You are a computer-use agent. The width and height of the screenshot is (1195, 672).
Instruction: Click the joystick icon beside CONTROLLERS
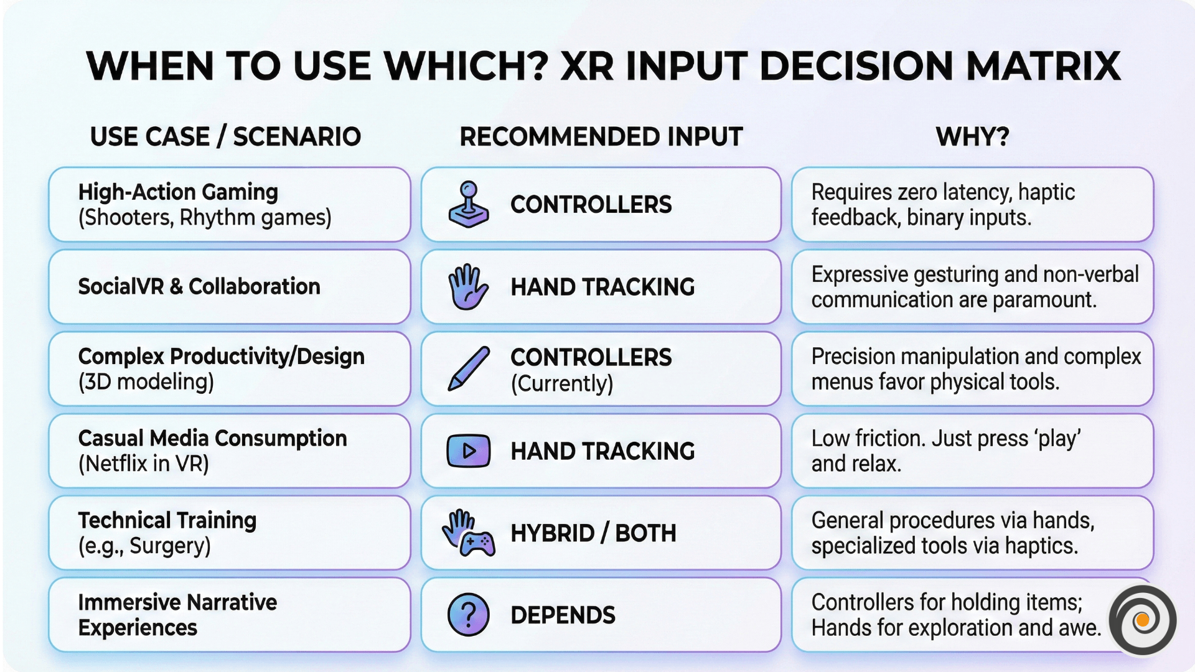click(469, 205)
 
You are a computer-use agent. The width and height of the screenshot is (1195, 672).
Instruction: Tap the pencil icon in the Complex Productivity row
click(469, 368)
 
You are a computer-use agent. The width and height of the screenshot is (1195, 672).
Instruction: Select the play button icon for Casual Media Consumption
click(469, 450)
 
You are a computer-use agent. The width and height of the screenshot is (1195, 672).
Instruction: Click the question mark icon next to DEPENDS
click(469, 615)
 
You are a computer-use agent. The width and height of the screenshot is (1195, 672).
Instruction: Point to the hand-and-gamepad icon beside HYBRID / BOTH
click(469, 533)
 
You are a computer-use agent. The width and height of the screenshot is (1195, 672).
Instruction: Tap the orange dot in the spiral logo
click(1142, 620)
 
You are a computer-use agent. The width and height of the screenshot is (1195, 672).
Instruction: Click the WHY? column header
click(973, 137)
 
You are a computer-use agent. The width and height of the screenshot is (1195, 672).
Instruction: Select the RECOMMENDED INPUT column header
click(601, 137)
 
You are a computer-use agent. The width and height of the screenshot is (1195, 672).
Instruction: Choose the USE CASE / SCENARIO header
click(225, 137)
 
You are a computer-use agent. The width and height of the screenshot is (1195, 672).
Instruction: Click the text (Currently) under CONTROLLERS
click(562, 383)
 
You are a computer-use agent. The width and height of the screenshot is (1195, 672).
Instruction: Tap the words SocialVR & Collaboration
click(199, 287)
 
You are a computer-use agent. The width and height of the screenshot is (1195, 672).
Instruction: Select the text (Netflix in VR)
click(144, 464)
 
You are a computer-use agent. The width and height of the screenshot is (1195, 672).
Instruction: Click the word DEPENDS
click(563, 615)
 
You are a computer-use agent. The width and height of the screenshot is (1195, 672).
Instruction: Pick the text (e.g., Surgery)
click(144, 546)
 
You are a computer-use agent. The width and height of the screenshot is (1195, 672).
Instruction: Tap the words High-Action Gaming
click(178, 192)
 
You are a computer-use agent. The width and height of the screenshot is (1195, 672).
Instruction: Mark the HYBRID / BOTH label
click(593, 533)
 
